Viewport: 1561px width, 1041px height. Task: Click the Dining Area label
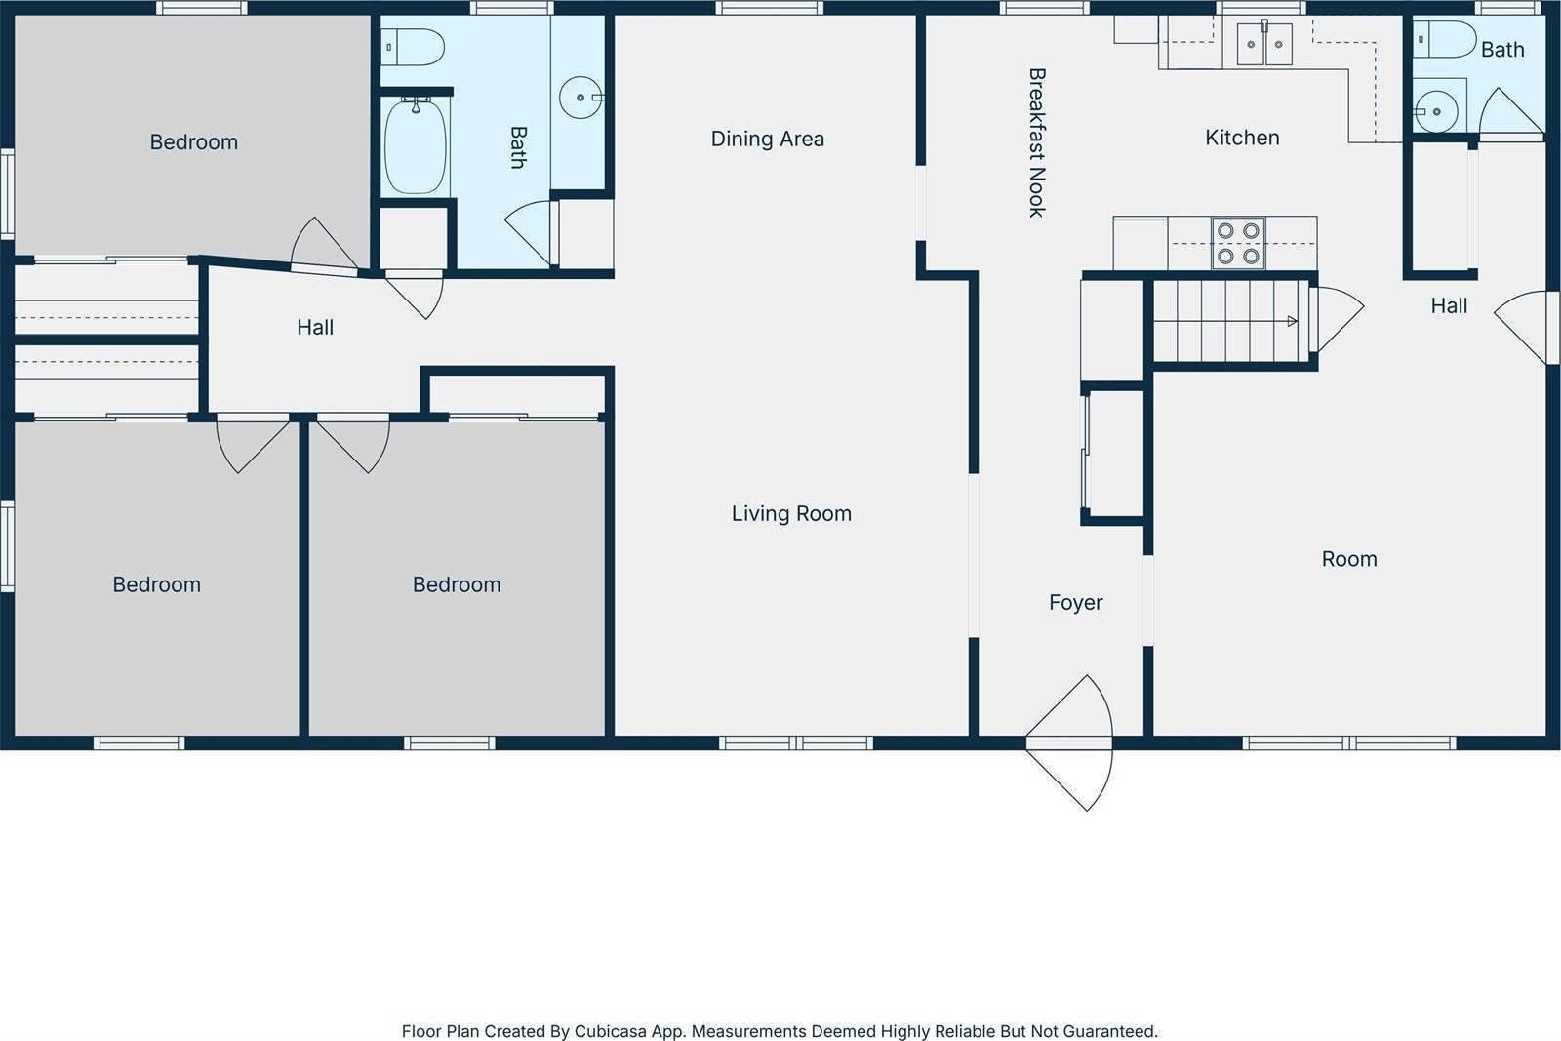[767, 139]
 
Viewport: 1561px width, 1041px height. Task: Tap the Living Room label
[791, 513]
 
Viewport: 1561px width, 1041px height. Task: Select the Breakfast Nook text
[1037, 142]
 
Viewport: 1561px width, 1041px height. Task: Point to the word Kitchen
[1242, 138]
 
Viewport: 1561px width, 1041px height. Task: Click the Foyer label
[1075, 602]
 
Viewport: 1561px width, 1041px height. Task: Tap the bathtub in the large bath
[416, 145]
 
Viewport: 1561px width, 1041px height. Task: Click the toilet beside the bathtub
[413, 47]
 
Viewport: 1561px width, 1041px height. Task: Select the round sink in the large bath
[580, 98]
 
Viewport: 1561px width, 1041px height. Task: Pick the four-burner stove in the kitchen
[1238, 243]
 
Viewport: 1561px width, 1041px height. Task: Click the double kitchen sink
[1264, 44]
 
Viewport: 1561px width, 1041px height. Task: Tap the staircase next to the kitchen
[1230, 321]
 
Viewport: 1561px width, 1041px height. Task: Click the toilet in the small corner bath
[1444, 39]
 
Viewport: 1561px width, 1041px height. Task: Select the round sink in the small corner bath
[1435, 111]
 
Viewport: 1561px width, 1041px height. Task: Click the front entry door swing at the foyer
[1069, 742]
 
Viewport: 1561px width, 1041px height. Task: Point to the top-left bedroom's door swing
[323, 244]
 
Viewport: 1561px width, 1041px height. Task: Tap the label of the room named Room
[1349, 559]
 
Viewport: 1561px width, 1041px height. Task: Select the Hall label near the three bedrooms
[315, 327]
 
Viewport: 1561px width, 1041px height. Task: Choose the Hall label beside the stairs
[1449, 305]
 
